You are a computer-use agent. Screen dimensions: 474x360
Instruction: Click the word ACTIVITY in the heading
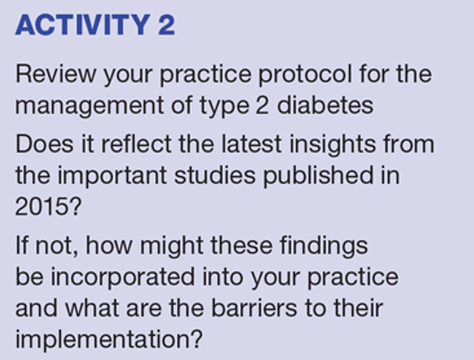click(83, 25)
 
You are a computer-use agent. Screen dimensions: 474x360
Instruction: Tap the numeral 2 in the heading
click(166, 25)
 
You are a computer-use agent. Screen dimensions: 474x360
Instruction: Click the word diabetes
click(325, 105)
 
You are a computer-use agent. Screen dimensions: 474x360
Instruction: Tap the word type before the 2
click(224, 107)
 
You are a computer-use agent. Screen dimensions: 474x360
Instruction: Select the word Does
click(44, 144)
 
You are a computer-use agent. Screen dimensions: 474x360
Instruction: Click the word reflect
click(137, 144)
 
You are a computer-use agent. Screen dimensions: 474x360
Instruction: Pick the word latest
click(252, 144)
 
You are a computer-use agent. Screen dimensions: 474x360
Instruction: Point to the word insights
click(333, 145)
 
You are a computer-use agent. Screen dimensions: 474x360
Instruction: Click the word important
click(112, 177)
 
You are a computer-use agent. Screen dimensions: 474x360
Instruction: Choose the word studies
click(215, 175)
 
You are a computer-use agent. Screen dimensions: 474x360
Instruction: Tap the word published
click(318, 177)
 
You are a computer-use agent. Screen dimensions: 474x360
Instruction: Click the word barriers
click(254, 308)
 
